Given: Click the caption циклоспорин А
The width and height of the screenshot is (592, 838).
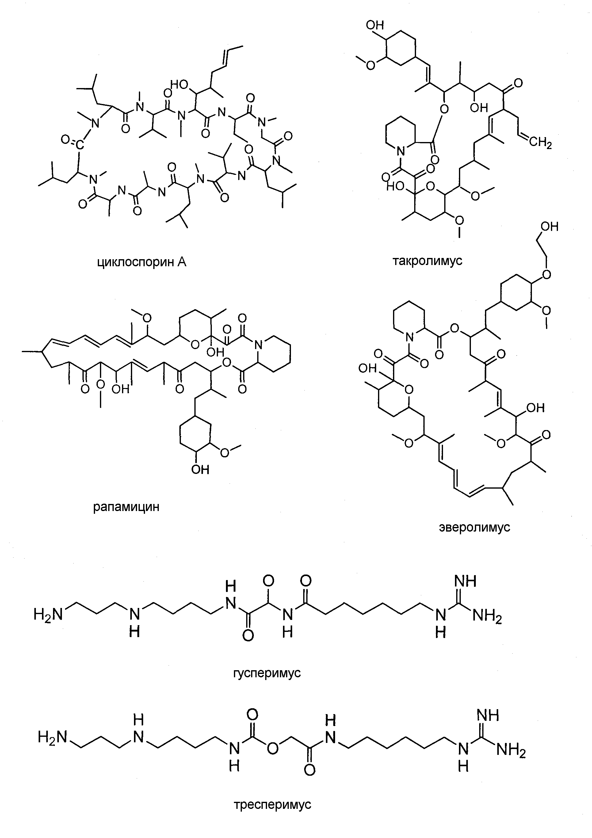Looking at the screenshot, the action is [x=142, y=263].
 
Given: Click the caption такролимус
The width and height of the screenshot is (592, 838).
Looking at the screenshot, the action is [x=427, y=261].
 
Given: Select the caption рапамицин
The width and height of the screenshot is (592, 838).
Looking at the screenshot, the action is [x=126, y=507].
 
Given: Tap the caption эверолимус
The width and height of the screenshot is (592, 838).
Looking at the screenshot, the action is [x=475, y=527].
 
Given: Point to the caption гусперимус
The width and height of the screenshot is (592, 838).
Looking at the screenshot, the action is [x=267, y=673].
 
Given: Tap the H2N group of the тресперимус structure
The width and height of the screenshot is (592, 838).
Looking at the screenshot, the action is [x=52, y=738].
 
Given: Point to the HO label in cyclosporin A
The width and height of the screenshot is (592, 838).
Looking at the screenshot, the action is [x=179, y=85].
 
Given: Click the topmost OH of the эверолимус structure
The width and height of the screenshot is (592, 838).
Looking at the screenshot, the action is [x=549, y=227].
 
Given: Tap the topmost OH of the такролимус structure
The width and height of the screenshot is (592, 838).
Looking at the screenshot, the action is [x=375, y=25].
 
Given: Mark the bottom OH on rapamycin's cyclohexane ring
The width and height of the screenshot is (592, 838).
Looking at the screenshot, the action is [x=200, y=469].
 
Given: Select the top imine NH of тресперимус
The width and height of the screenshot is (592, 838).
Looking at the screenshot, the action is [x=488, y=715].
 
